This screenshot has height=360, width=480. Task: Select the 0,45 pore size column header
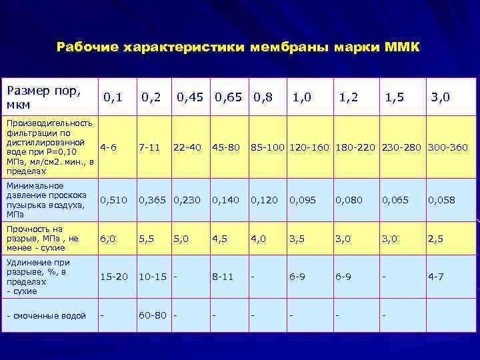191,97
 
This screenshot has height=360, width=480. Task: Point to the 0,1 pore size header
113,97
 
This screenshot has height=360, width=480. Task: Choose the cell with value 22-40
187,147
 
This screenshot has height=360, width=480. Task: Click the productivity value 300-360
448,147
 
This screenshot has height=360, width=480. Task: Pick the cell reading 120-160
310,147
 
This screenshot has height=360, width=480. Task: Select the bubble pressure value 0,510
113,199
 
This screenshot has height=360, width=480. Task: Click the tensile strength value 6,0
107,238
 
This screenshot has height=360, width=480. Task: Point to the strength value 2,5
435,238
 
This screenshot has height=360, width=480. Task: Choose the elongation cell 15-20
113,277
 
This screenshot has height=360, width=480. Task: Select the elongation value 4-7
437,277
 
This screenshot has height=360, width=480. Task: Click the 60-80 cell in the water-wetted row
153,315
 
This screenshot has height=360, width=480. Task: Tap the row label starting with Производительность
49,147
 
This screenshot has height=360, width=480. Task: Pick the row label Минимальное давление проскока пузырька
46,199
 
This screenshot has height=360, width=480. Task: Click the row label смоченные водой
46,315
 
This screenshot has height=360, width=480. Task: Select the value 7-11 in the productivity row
149,147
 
